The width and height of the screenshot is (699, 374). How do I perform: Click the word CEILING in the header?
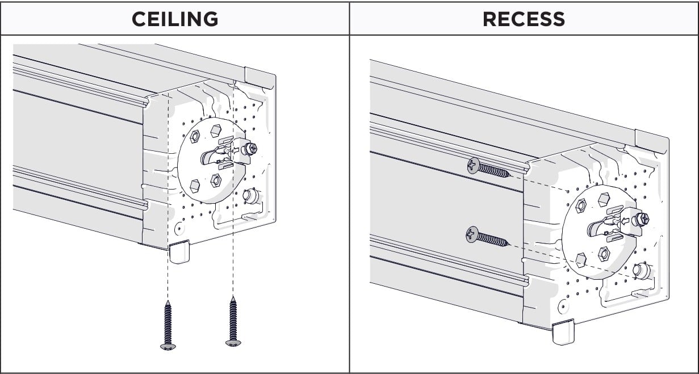click(x=174, y=19)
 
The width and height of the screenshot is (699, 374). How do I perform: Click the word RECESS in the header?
click(x=524, y=19)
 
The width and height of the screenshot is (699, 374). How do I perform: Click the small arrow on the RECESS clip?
click(x=625, y=221)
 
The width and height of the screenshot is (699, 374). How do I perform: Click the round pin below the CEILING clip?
click(x=250, y=197)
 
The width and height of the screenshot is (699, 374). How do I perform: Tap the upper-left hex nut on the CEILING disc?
click(x=193, y=136)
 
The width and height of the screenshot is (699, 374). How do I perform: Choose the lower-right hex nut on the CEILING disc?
click(x=216, y=180)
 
